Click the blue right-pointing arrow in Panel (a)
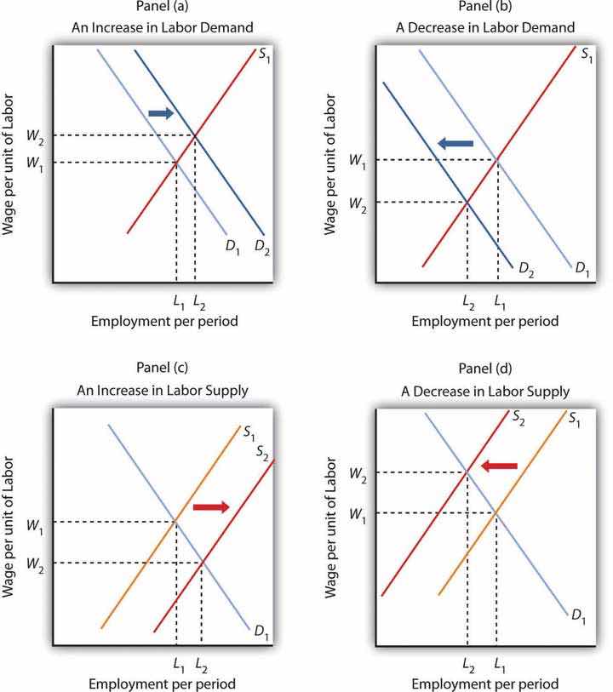(161, 112)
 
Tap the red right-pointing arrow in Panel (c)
(211, 506)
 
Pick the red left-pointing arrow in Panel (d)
(499, 466)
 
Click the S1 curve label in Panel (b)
(586, 54)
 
